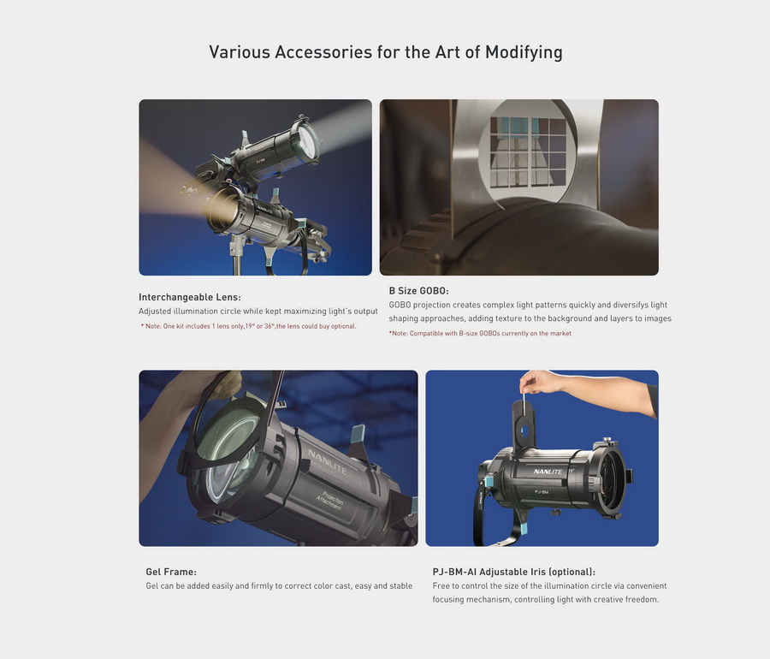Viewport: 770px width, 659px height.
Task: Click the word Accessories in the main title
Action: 323,52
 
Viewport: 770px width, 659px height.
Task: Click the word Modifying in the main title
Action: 524,52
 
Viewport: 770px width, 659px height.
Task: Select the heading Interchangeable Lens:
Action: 190,297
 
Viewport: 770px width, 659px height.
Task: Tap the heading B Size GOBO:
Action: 419,291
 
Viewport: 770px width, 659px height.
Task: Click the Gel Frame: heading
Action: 171,572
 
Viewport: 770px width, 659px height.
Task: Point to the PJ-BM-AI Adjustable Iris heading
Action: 513,572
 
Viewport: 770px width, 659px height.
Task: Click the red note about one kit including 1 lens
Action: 248,326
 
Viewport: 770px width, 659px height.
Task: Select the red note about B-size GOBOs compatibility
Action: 480,334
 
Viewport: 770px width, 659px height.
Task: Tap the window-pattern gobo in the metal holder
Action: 528,151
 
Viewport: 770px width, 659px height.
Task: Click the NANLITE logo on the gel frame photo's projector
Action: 327,461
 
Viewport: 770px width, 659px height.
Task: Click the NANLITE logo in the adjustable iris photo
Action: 548,472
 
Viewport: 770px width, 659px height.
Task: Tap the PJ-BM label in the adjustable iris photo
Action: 542,491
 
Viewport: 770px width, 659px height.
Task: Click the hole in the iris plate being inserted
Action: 525,431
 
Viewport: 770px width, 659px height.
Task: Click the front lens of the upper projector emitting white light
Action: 309,143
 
